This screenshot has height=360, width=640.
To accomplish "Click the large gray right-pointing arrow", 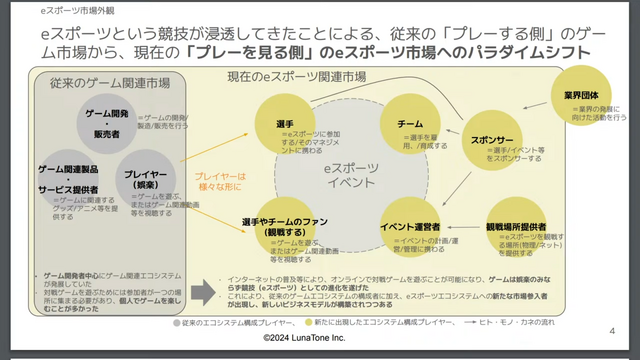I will click(x=203, y=291).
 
